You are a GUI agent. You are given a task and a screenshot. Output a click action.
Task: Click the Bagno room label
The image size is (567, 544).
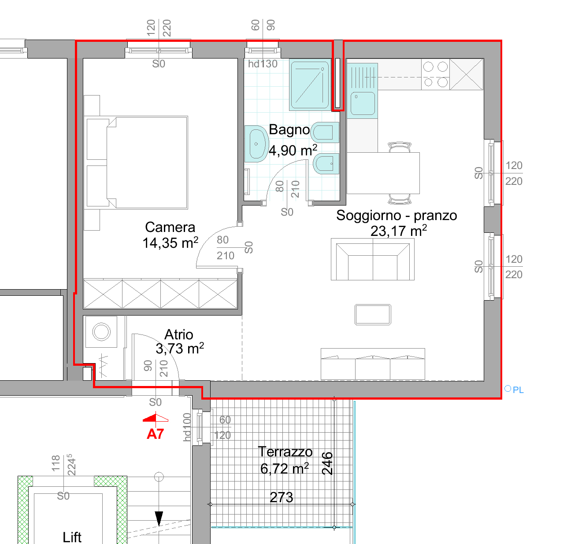click(x=289, y=130)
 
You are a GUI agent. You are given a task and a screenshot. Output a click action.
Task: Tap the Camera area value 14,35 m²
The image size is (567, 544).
click(x=170, y=243)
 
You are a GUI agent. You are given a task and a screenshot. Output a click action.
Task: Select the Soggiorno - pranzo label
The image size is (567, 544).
click(x=397, y=215)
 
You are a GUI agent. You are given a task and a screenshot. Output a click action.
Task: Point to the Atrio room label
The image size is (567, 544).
click(x=178, y=335)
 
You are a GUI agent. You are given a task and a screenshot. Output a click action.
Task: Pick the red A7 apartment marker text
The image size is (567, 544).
click(x=155, y=434)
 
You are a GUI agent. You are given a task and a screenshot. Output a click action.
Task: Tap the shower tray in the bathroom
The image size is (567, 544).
click(x=310, y=85)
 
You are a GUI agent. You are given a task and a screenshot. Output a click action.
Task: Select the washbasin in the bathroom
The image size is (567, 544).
click(x=256, y=144)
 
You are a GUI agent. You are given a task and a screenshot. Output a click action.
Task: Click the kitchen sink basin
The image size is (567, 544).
click(x=363, y=103)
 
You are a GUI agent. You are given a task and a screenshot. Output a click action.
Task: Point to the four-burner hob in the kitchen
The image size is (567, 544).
click(x=435, y=74)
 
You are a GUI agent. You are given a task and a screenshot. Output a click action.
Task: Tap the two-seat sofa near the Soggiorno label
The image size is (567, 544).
click(x=373, y=259)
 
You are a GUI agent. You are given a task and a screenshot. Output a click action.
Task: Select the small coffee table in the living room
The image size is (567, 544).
click(x=373, y=314)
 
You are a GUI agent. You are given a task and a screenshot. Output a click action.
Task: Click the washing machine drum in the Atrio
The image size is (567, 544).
click(x=101, y=331)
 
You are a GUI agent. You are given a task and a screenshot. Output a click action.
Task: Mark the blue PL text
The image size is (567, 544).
click(x=518, y=390)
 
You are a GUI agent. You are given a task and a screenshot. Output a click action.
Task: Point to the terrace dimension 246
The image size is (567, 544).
click(x=327, y=463)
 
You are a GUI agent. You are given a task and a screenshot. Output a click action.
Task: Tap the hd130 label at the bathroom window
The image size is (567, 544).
click(x=263, y=64)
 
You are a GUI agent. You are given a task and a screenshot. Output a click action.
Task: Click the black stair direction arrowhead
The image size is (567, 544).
click(x=159, y=518)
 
